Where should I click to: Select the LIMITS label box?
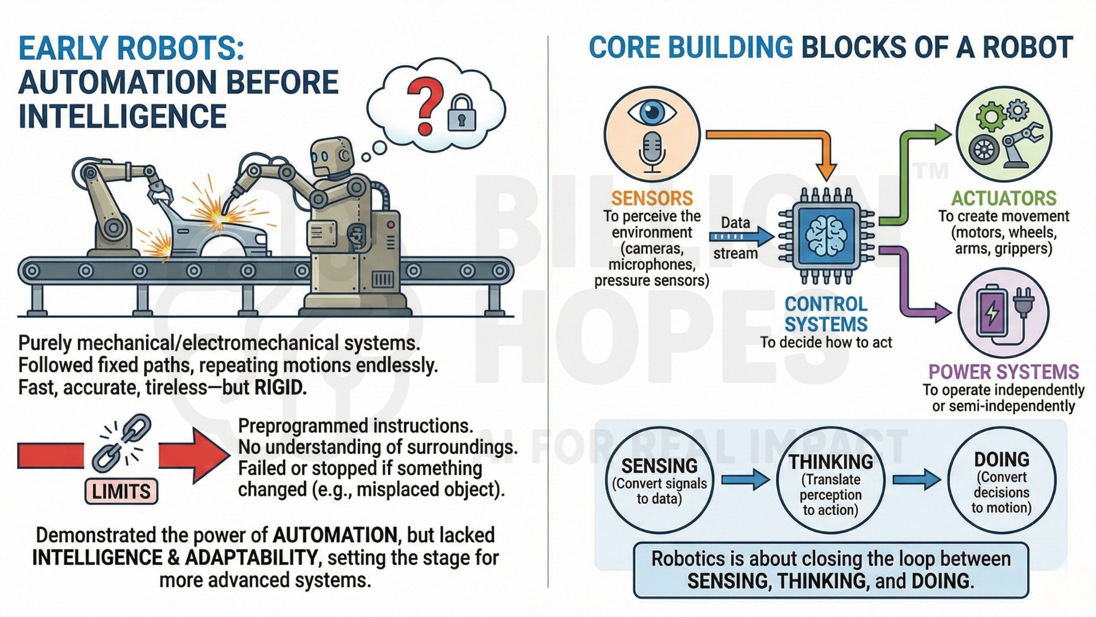pyautogui.click(x=121, y=491)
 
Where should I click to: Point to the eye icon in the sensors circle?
pyautogui.click(x=652, y=112)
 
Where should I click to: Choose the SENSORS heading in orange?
pyautogui.click(x=652, y=198)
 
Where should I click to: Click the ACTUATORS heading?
pyautogui.click(x=1004, y=198)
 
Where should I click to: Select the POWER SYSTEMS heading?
pyautogui.click(x=1004, y=372)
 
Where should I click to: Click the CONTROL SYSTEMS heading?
pyautogui.click(x=826, y=314)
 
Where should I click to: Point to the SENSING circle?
pyautogui.click(x=659, y=481)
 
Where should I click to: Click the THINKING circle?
pyautogui.click(x=831, y=481)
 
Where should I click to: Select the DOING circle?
pyautogui.click(x=1002, y=481)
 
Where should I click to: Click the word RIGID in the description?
pyautogui.click(x=279, y=387)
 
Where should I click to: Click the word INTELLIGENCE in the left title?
pyautogui.click(x=123, y=117)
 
